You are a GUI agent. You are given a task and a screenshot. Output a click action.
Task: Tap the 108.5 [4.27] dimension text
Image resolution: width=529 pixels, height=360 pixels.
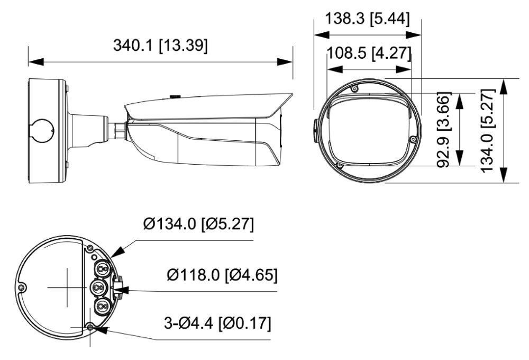[369, 53]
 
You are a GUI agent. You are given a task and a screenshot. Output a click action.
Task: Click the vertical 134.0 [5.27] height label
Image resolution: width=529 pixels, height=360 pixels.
[487, 130]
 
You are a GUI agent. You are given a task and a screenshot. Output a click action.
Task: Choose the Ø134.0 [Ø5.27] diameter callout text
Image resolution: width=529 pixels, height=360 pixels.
[198, 224]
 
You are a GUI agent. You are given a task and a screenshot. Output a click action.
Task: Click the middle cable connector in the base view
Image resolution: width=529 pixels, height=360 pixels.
[99, 287]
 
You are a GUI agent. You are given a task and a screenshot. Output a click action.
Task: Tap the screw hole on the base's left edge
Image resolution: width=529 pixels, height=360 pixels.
[21, 287]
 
